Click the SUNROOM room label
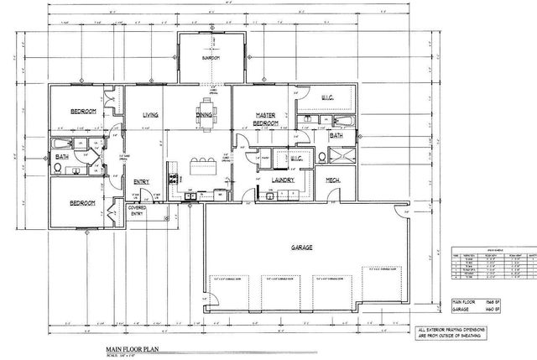pos(210,58)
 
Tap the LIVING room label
pos(151,115)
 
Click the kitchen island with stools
pos(201,163)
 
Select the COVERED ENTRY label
pos(138,210)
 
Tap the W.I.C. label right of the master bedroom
pos(327,97)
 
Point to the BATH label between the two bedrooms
pos(62,156)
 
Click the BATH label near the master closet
pos(336,134)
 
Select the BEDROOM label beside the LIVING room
pos(82,111)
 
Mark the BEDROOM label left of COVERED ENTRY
pos(81,202)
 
